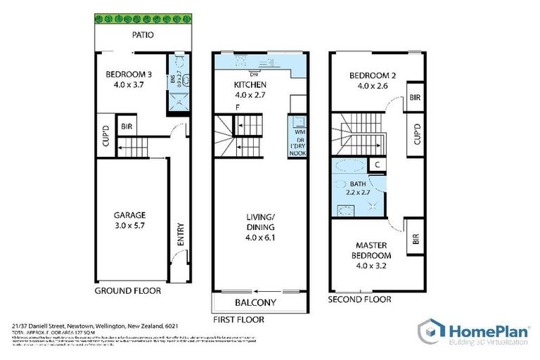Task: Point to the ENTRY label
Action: point(180,233)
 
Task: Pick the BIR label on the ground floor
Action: point(127,127)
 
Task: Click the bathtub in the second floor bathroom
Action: point(350,167)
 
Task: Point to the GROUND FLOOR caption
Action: point(127,290)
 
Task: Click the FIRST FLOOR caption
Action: point(240,319)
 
